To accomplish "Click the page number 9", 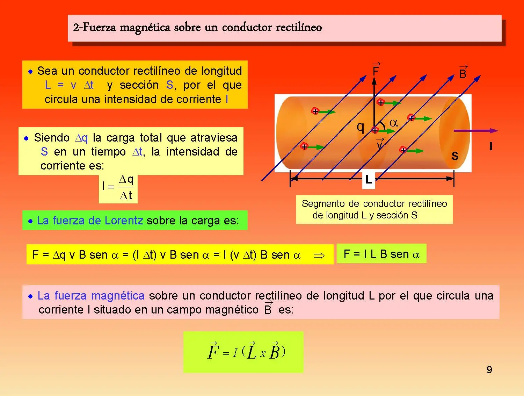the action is [489, 370].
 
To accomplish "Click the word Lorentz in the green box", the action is [124, 221].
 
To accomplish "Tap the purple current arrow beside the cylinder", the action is [476, 131].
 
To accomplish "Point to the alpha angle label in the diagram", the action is [394, 123].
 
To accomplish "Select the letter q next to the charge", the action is [360, 127].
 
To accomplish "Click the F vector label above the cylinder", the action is [376, 70].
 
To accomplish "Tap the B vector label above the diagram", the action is [463, 72].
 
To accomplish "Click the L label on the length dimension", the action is [369, 180].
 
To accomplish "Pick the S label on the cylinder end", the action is [455, 156].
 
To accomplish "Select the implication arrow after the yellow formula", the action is [319, 255].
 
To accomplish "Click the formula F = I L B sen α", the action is [381, 254].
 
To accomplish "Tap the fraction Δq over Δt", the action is [126, 187].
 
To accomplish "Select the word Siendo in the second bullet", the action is [52, 138].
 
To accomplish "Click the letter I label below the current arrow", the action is [491, 146].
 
